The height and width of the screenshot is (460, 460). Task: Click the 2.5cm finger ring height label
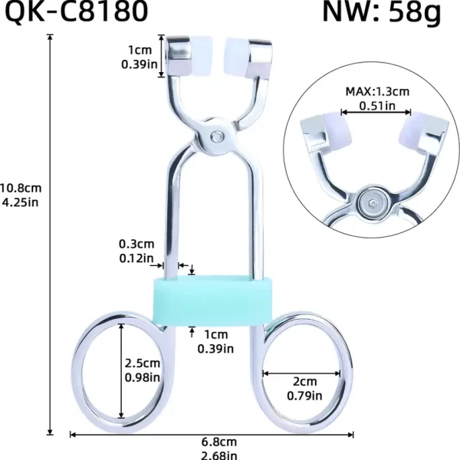point(143,363)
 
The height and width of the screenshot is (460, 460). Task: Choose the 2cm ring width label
point(303,381)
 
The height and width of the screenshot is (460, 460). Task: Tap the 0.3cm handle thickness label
point(135,245)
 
